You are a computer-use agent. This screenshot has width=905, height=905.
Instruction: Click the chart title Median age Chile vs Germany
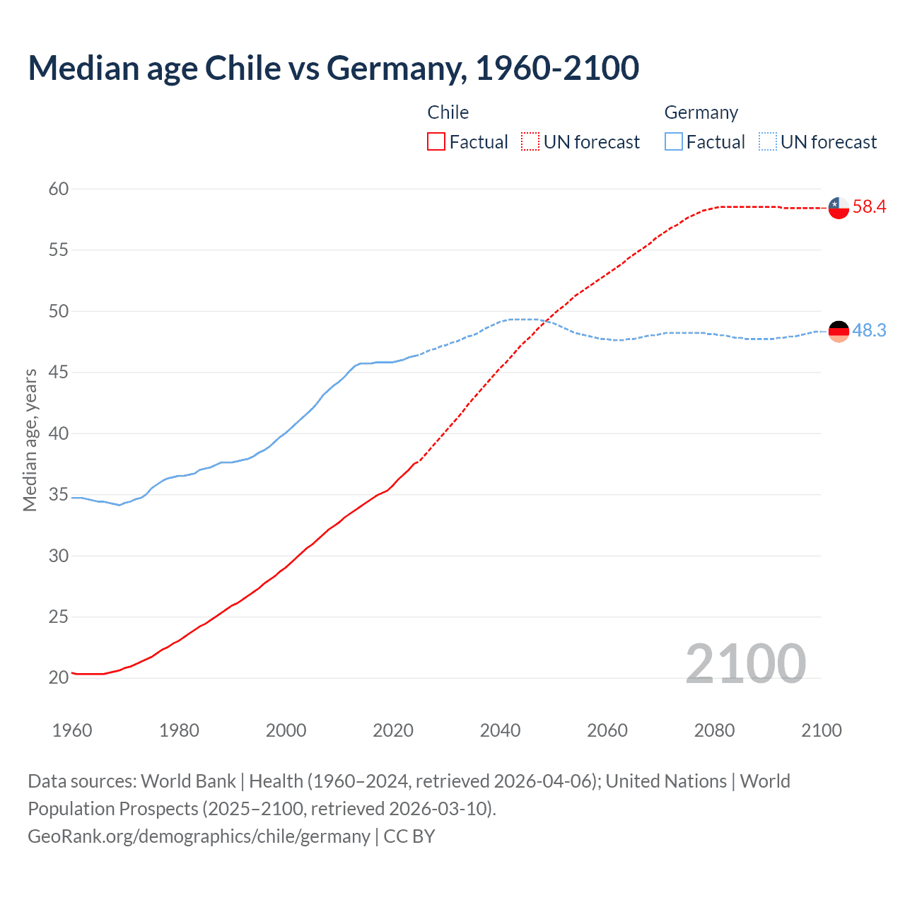(334, 68)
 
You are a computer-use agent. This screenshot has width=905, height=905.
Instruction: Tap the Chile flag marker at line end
(839, 208)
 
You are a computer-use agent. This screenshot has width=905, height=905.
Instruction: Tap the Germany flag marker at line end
(839, 331)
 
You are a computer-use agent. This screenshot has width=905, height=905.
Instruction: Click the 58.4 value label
(869, 206)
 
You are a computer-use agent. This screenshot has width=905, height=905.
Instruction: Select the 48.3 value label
(869, 330)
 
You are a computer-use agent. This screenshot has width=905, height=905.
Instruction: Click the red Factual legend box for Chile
(436, 142)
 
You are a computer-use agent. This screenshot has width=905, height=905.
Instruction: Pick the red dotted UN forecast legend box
(530, 142)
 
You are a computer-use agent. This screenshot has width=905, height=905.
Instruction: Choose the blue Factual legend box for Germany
(674, 142)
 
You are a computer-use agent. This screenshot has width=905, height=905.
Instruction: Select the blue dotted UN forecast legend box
(768, 142)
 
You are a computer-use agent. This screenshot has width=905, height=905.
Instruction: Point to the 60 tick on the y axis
(59, 189)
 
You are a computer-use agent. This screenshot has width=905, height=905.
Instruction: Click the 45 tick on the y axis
(59, 372)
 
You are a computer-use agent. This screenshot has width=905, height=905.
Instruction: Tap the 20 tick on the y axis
(59, 677)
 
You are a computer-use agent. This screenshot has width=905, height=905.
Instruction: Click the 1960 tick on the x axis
(72, 730)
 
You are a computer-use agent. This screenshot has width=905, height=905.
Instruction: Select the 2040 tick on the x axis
(500, 730)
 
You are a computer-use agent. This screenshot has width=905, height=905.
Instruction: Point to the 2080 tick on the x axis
(714, 730)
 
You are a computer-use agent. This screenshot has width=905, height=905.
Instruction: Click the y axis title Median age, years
(30, 440)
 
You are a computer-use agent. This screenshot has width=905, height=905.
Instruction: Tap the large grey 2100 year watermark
(745, 663)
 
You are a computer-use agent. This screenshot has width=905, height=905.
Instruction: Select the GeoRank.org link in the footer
(199, 836)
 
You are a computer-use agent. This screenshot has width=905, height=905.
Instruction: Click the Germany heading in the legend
(701, 112)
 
